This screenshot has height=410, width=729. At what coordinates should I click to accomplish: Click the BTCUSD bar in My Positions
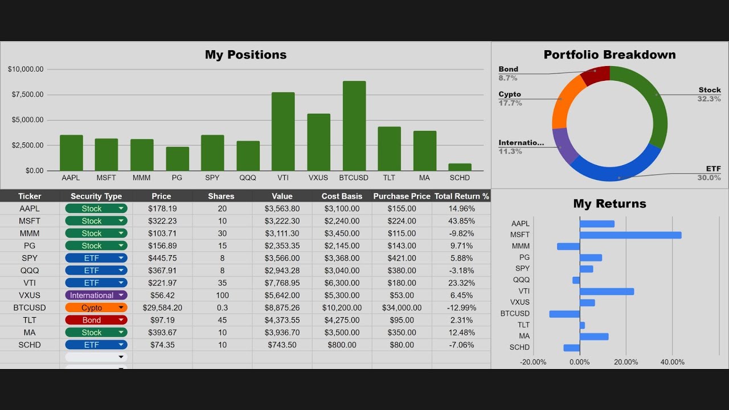tap(354, 126)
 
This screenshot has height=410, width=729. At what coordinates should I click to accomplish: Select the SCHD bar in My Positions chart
tap(460, 167)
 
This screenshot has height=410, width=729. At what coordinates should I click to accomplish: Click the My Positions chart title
tap(245, 55)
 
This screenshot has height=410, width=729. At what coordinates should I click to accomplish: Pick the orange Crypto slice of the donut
tap(566, 102)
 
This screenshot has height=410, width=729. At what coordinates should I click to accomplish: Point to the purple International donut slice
tap(564, 146)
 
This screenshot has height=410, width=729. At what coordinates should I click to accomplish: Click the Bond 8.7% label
tap(508, 73)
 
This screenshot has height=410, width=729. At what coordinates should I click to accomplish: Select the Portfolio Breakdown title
tap(609, 55)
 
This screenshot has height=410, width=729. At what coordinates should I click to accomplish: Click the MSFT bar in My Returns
tap(630, 235)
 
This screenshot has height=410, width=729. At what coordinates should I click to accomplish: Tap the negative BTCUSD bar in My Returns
tap(564, 314)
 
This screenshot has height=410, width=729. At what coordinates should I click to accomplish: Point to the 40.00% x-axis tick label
tap(672, 362)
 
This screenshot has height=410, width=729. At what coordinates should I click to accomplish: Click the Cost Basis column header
tap(342, 196)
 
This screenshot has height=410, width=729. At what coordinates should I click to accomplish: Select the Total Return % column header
tap(461, 196)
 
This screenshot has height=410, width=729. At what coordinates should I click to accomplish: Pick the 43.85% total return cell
tap(461, 221)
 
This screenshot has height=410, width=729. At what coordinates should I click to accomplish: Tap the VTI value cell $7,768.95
tap(282, 283)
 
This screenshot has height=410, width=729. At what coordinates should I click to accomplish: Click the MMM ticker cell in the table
tap(30, 233)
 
